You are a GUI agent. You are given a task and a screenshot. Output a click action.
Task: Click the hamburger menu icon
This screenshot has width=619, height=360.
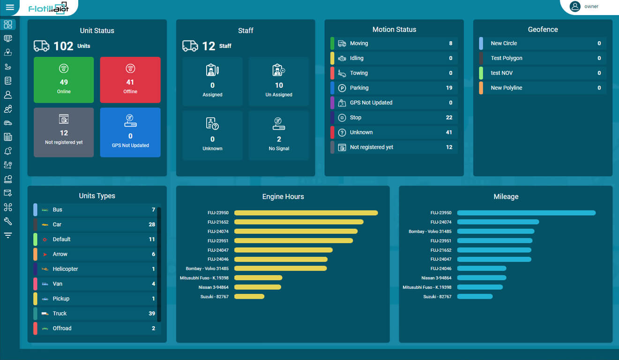(x=10, y=7)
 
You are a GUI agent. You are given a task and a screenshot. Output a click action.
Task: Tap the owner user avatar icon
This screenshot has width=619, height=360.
(x=574, y=7)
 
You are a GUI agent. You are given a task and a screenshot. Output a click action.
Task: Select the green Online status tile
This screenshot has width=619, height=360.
(x=64, y=80)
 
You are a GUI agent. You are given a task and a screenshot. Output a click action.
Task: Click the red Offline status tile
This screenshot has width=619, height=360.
(x=130, y=80)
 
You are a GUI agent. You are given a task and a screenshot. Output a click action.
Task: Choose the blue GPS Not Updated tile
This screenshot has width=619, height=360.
(x=130, y=133)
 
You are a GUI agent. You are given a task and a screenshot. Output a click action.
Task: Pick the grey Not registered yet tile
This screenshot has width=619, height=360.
(x=64, y=133)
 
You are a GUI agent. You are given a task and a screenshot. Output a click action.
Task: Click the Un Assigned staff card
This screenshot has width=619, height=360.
(x=279, y=82)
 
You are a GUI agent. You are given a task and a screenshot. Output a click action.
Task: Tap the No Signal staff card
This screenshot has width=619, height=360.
(x=279, y=135)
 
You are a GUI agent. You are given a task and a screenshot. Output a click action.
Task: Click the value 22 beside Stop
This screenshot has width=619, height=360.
(x=449, y=118)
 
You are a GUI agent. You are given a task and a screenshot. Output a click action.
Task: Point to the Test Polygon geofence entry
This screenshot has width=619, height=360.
(x=542, y=58)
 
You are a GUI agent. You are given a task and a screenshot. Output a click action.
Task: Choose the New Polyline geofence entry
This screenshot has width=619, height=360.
(x=542, y=88)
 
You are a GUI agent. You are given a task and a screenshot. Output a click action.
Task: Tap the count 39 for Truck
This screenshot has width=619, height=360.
(x=152, y=314)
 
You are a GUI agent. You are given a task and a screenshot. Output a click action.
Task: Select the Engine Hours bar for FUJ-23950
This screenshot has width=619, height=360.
(x=306, y=213)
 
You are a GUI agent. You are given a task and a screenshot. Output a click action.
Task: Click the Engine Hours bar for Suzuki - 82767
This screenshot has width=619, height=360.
(x=249, y=297)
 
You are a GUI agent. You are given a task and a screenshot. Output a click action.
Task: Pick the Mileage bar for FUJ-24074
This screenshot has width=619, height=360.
(x=498, y=222)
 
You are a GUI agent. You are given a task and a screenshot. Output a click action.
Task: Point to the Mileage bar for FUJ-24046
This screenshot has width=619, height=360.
(x=481, y=269)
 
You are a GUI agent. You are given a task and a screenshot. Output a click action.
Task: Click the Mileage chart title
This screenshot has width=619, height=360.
(x=506, y=197)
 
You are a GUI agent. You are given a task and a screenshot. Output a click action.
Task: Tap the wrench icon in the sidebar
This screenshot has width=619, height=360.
(x=8, y=221)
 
